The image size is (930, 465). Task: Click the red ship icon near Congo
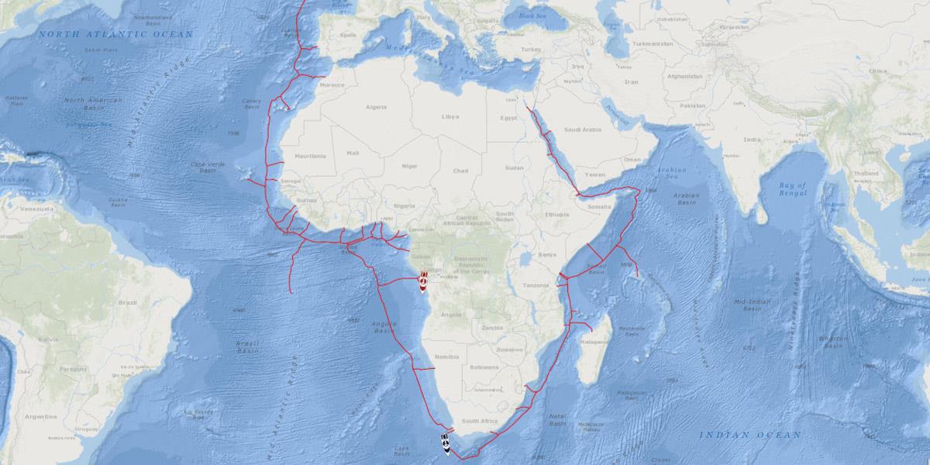(424, 281)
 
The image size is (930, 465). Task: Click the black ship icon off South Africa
(446, 445)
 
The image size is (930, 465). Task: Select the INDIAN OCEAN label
(750, 436)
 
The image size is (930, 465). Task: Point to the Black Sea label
(532, 16)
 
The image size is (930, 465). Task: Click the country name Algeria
(376, 106)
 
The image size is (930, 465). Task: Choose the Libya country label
(449, 116)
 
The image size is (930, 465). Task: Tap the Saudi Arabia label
(583, 129)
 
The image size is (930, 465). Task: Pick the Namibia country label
(446, 356)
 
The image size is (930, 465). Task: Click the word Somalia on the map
(599, 206)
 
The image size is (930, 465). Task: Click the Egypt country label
(508, 118)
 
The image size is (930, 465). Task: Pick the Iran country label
(632, 81)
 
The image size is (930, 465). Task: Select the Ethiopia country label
(556, 214)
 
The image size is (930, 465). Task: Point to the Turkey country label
(530, 50)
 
